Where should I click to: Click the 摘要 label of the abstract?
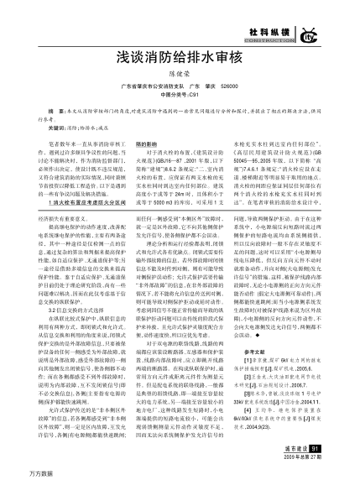(x=58, y=111)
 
